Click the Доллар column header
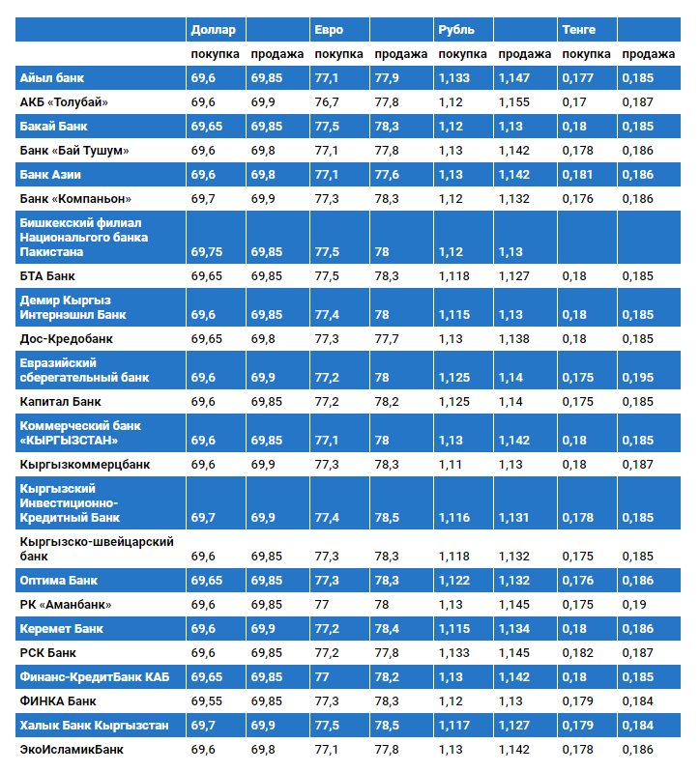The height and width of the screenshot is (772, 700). point(214,30)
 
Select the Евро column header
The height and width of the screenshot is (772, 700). point(329,30)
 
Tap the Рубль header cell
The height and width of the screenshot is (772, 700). point(456,30)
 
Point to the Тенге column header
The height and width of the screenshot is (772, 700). point(579,30)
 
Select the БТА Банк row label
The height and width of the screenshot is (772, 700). point(47,276)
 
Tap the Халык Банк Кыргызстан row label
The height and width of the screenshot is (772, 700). point(94,725)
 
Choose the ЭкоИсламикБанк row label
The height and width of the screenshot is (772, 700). point(72,749)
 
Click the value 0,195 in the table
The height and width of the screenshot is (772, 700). point(637,378)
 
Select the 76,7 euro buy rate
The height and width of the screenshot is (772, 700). point(327,102)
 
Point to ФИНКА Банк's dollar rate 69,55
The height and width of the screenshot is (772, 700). point(206,701)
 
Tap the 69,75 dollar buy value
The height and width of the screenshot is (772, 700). point(206,252)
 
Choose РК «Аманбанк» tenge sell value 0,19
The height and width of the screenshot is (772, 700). point(633,605)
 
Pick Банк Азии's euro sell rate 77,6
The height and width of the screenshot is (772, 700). point(387,175)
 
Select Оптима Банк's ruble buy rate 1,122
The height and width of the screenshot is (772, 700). point(453,581)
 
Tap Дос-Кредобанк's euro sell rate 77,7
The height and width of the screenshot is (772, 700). point(387,339)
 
